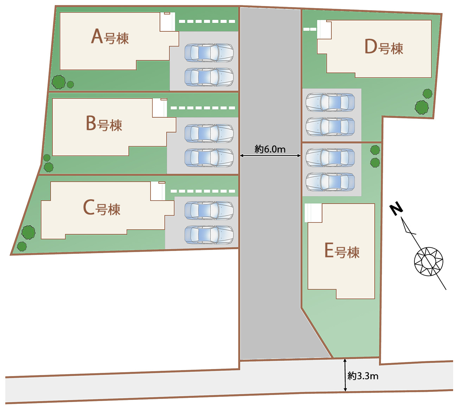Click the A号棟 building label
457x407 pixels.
110,37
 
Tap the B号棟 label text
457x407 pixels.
104,124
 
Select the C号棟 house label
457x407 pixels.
102,208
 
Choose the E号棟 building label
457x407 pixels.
342,251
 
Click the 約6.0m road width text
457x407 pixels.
270,149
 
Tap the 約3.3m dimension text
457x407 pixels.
363,376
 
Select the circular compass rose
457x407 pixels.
429,262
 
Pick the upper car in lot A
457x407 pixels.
209,53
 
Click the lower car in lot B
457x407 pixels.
209,158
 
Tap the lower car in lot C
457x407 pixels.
209,235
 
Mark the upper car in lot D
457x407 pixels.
330,102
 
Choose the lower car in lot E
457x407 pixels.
330,182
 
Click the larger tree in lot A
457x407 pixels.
59,82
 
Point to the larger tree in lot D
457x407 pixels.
421,107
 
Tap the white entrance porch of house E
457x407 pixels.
313,213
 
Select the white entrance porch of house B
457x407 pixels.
160,108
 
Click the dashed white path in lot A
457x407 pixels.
207,21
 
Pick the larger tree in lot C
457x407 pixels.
28,232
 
